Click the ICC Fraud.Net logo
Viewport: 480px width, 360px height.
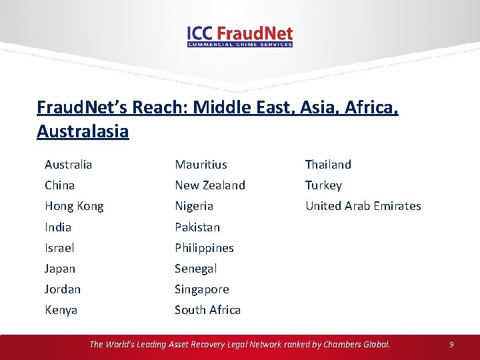click(x=240, y=36)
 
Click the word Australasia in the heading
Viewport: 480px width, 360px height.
click(x=83, y=131)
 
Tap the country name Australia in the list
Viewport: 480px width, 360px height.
click(x=68, y=164)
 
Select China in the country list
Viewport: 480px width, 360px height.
click(x=59, y=185)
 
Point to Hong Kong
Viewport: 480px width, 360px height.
click(x=74, y=206)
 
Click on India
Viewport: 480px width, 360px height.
click(x=58, y=227)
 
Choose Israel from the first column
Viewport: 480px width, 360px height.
click(x=59, y=247)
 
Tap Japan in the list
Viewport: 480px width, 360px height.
click(x=60, y=268)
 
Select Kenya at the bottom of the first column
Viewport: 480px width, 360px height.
click(x=61, y=309)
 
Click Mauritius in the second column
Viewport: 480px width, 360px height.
click(x=201, y=164)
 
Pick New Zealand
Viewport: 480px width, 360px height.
click(x=210, y=185)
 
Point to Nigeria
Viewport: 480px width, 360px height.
click(x=194, y=206)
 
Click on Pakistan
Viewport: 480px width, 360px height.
click(x=197, y=227)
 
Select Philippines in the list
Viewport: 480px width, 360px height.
click(x=204, y=247)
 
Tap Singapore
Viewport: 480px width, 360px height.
click(x=202, y=289)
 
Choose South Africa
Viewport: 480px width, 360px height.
click(x=207, y=309)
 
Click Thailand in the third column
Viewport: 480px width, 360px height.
click(x=328, y=164)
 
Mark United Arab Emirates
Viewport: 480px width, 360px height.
click(x=363, y=206)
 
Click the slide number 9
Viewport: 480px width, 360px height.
click(x=451, y=345)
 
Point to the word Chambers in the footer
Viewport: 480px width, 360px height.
click(x=343, y=344)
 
